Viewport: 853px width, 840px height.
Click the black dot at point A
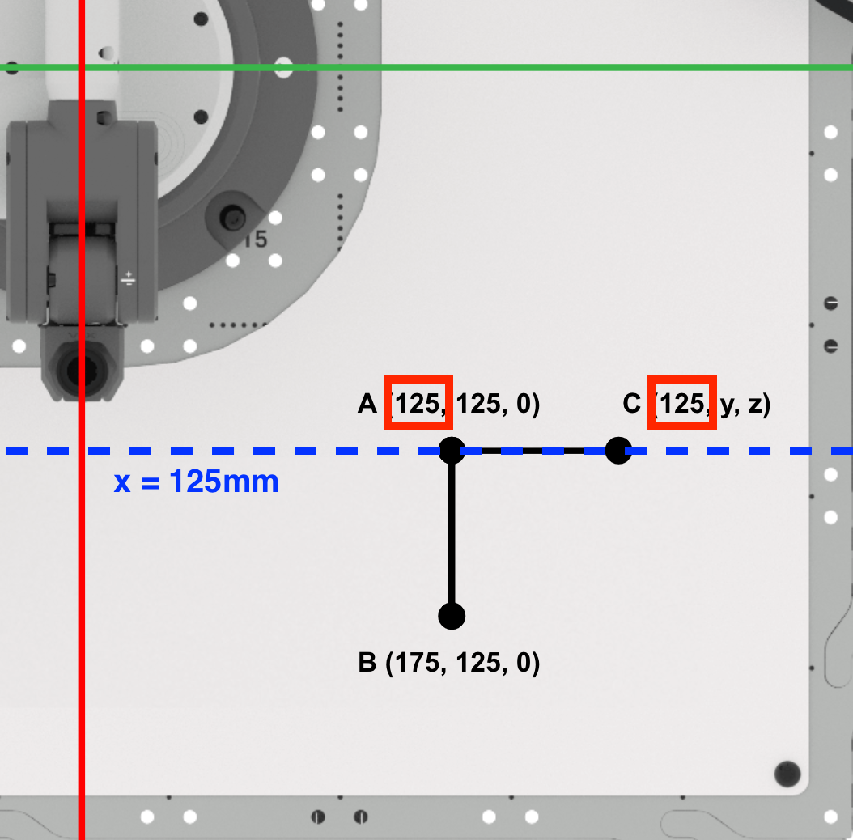(x=452, y=450)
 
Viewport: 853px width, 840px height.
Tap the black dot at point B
(x=452, y=616)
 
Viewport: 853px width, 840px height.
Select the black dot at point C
(x=618, y=450)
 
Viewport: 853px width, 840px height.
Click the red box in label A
(x=418, y=403)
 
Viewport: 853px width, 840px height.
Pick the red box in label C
(x=681, y=403)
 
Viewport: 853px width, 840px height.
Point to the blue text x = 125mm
(x=196, y=482)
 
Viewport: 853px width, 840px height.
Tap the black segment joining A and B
(x=452, y=534)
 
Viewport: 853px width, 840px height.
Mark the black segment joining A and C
(x=534, y=450)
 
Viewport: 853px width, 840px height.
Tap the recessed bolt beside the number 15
(x=235, y=217)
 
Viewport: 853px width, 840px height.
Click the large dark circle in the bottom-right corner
(x=787, y=774)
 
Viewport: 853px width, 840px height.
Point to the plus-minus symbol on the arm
(x=129, y=279)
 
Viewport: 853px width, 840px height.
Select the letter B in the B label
(x=367, y=664)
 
